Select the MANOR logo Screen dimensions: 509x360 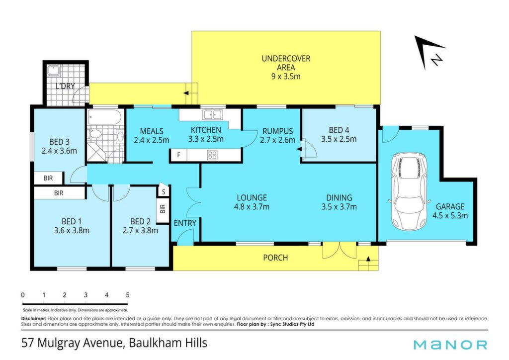[x=450, y=345]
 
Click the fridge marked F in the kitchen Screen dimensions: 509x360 [x=178, y=155]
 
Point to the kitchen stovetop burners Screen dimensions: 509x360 [x=212, y=155]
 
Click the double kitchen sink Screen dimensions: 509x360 [x=212, y=114]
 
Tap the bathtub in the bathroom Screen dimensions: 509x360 [x=104, y=117]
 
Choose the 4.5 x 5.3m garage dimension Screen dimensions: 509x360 [x=450, y=215]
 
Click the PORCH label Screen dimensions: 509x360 [x=275, y=258]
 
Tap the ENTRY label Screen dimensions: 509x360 [x=185, y=223]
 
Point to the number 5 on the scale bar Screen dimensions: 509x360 [x=128, y=295]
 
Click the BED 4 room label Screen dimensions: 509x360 [x=339, y=130]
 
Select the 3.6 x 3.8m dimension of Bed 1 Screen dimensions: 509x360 [x=72, y=231]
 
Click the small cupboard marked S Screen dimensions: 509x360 [x=164, y=192]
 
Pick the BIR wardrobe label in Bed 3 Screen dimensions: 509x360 [x=48, y=178]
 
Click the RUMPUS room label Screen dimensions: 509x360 [x=277, y=131]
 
